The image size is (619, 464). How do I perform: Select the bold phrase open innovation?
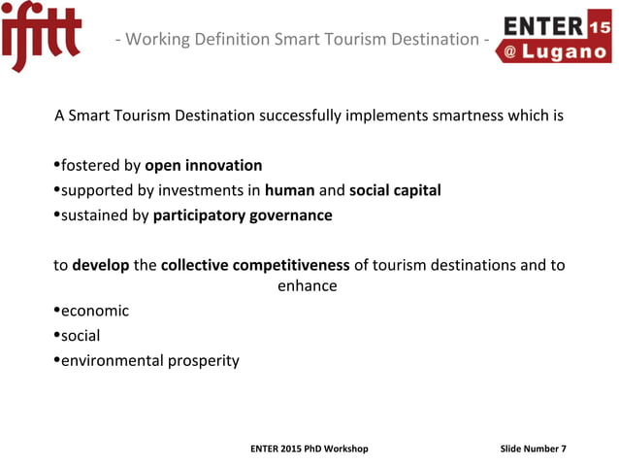point(204,165)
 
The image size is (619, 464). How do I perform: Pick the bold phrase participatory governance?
point(243,215)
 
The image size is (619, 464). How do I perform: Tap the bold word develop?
point(100,266)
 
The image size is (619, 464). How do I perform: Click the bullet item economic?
point(94,312)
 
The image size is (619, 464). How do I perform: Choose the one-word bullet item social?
point(81,336)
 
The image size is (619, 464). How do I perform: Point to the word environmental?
point(113,361)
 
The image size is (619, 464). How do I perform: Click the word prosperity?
point(203,361)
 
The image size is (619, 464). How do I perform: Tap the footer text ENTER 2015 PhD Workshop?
point(309,448)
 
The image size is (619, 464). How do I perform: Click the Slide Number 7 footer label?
point(533,448)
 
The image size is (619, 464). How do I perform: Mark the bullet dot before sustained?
point(55,215)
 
